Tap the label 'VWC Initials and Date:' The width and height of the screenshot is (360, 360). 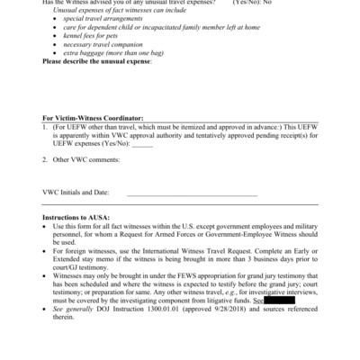(x=76, y=192)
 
